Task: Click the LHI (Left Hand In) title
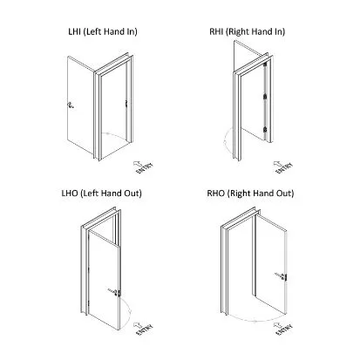(103, 31)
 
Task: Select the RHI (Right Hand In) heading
(248, 31)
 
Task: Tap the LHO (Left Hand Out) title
(102, 194)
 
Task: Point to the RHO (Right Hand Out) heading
(250, 194)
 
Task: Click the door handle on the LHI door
(70, 105)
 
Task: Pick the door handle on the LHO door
(115, 292)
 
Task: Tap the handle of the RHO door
(282, 275)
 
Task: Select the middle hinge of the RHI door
(265, 96)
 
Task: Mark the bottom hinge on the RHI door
(265, 130)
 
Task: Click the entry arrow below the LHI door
(138, 164)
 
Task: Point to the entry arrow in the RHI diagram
(278, 165)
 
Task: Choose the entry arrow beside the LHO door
(138, 325)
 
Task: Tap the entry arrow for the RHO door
(278, 325)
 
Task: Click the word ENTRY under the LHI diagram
(145, 168)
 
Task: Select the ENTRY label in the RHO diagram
(284, 329)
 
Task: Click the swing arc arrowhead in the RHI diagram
(225, 142)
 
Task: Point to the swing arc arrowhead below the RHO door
(255, 321)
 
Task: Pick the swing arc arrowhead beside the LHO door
(131, 312)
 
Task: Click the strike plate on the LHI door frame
(126, 104)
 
